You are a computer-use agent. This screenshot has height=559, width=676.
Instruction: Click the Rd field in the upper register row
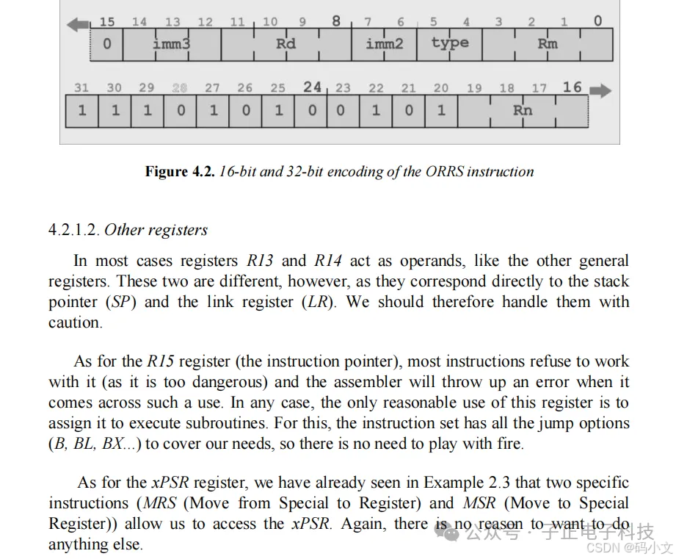[286, 44]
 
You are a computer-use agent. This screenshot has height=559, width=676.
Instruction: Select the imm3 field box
[171, 44]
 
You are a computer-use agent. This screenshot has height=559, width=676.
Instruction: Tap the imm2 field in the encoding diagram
[384, 44]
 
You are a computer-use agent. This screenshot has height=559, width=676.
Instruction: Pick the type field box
[449, 43]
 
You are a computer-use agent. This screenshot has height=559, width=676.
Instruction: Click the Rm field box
[547, 44]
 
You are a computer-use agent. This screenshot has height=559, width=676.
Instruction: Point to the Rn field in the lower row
[522, 111]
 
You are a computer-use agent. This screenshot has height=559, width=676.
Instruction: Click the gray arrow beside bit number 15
[77, 24]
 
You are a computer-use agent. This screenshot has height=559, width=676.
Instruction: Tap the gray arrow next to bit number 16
[600, 90]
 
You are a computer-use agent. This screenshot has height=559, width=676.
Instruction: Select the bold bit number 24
[313, 87]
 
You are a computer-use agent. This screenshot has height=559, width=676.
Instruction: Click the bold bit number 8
[336, 21]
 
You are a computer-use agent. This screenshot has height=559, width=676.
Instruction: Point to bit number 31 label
[81, 88]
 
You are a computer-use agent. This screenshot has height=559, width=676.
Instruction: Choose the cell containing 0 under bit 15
[106, 44]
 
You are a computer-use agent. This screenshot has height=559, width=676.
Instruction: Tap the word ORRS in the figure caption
[443, 172]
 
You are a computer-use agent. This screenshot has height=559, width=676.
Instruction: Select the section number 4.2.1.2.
[74, 230]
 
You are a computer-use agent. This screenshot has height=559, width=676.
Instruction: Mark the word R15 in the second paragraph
[161, 361]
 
